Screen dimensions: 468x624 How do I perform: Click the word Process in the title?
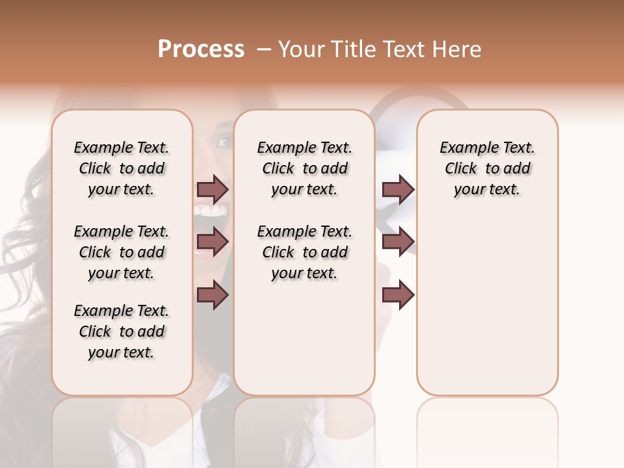[201, 49]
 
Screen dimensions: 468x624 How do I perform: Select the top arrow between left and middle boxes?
[213, 190]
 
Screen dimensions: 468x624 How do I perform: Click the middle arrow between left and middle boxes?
[213, 242]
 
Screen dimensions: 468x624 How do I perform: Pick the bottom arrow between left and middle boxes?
[213, 294]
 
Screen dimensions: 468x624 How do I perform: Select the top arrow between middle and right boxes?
[398, 190]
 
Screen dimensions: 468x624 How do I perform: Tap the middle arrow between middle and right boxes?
[398, 242]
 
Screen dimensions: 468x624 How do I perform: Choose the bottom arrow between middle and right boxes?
[398, 294]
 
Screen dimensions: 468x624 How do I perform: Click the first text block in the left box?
[122, 168]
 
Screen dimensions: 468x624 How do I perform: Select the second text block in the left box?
[122, 252]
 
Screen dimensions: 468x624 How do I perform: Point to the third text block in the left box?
[122, 331]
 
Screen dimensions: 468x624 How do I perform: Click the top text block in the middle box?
[304, 168]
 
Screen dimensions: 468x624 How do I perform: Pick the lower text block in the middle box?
[304, 252]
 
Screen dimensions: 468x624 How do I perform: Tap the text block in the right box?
[487, 168]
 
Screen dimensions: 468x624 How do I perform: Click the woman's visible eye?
[223, 141]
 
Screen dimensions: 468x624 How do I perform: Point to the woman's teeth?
[212, 211]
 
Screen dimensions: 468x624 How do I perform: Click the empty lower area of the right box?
[487, 312]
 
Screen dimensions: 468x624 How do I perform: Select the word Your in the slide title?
[302, 49]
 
